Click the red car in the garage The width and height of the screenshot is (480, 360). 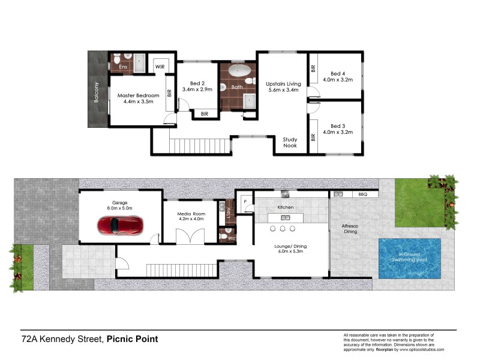120,226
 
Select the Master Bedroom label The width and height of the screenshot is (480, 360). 139,95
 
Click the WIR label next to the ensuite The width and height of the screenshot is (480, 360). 160,67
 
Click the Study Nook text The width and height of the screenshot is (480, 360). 290,142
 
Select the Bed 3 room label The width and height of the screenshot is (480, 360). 338,125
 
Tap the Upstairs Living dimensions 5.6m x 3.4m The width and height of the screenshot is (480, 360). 282,89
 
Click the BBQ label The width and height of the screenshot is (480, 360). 362,194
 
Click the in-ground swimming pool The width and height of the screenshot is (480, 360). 409,258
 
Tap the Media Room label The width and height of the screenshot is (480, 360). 191,214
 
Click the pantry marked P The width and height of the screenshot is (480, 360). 245,202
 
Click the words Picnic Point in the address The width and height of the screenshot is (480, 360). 132,339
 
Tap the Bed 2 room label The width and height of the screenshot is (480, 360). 198,83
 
